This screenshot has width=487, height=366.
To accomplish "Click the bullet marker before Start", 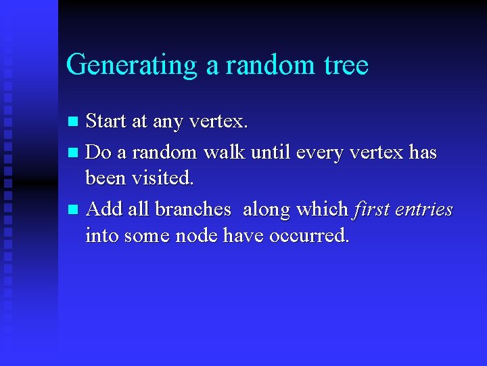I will click(x=75, y=122).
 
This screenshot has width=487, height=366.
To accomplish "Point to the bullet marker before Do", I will click(x=75, y=153).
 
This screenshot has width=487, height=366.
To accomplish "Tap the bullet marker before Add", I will click(x=75, y=210).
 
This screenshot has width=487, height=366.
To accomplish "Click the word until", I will click(x=271, y=152).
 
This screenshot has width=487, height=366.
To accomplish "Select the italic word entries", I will click(x=425, y=209).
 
